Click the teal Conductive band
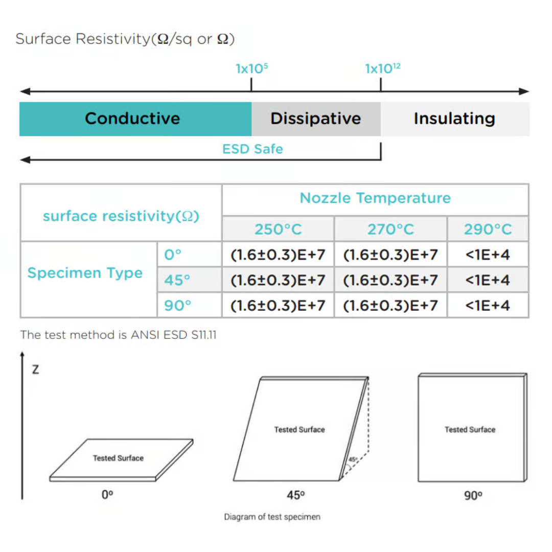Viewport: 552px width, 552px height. click(133, 119)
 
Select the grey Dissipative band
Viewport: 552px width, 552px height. click(315, 119)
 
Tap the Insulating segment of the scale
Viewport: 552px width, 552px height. click(454, 119)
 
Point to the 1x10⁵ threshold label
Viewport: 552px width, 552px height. click(251, 68)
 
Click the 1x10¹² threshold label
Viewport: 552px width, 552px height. click(382, 68)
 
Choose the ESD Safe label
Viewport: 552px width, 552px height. click(252, 149)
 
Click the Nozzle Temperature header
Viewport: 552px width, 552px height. click(375, 198)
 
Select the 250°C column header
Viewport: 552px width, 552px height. click(278, 229)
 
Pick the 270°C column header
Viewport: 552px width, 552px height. click(390, 229)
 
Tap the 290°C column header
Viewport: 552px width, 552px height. click(488, 229)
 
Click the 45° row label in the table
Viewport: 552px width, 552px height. click(177, 280)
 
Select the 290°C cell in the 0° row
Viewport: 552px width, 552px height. click(488, 255)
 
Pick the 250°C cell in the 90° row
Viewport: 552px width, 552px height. click(278, 306)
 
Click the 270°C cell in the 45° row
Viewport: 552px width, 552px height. click(390, 280)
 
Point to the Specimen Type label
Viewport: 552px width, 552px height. click(85, 273)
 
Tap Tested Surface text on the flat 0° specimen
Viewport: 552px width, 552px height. click(118, 458)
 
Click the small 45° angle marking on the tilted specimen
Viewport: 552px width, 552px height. click(352, 459)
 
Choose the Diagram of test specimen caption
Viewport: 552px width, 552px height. click(272, 517)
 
